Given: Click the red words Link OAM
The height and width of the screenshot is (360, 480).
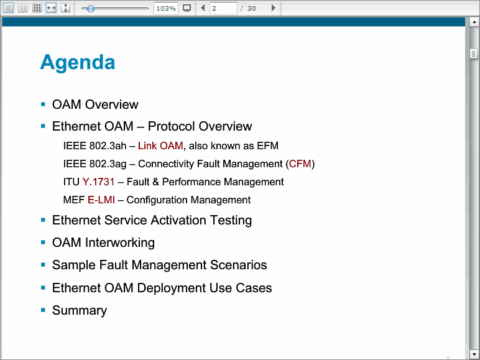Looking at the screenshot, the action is pos(160,145).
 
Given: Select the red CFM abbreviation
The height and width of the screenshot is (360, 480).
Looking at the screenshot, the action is pos(300,164).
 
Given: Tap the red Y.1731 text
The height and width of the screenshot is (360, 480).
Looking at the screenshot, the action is pos(98,182).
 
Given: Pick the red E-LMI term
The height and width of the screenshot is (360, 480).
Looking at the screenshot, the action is pos(101,200).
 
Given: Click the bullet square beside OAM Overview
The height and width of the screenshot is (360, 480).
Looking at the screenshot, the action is pos(43,104).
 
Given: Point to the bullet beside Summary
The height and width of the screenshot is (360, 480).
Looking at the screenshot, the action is pos(43,310).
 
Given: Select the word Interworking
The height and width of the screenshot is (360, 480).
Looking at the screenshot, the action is pos(120,242).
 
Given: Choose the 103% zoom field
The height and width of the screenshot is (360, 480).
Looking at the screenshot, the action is pos(165,8).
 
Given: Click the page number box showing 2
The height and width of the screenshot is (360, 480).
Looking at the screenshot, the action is pos(223,8).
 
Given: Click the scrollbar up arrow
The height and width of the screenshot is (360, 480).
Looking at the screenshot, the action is pos(474,22).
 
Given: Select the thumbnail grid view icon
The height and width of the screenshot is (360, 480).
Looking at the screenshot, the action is pos(37,8).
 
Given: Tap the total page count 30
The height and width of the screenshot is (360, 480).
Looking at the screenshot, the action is pos(252,9).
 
